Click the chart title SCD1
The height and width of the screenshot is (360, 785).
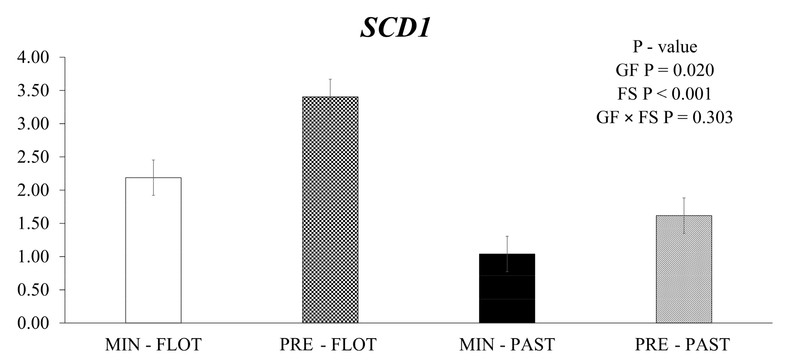[395, 28]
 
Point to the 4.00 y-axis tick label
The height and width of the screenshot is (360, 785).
[33, 57]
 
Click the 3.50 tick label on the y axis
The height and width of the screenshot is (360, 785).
[33, 90]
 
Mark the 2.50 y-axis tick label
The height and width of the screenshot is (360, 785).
[33, 157]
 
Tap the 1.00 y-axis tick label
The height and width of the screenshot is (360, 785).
[33, 257]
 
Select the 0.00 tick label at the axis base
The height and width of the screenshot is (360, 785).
[33, 323]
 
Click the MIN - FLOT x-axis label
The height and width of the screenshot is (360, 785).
[153, 344]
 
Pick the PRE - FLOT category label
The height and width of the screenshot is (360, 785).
[328, 344]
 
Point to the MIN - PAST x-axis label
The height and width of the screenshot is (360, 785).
[507, 344]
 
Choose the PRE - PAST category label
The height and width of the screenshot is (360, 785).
[682, 344]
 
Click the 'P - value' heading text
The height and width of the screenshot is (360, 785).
[665, 47]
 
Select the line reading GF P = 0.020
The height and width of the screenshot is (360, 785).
[665, 70]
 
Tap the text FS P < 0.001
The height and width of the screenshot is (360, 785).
[665, 93]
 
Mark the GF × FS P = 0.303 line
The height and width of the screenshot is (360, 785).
[665, 117]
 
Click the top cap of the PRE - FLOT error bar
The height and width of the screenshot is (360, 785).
[330, 79]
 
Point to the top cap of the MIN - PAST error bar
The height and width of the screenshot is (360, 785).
[507, 236]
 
